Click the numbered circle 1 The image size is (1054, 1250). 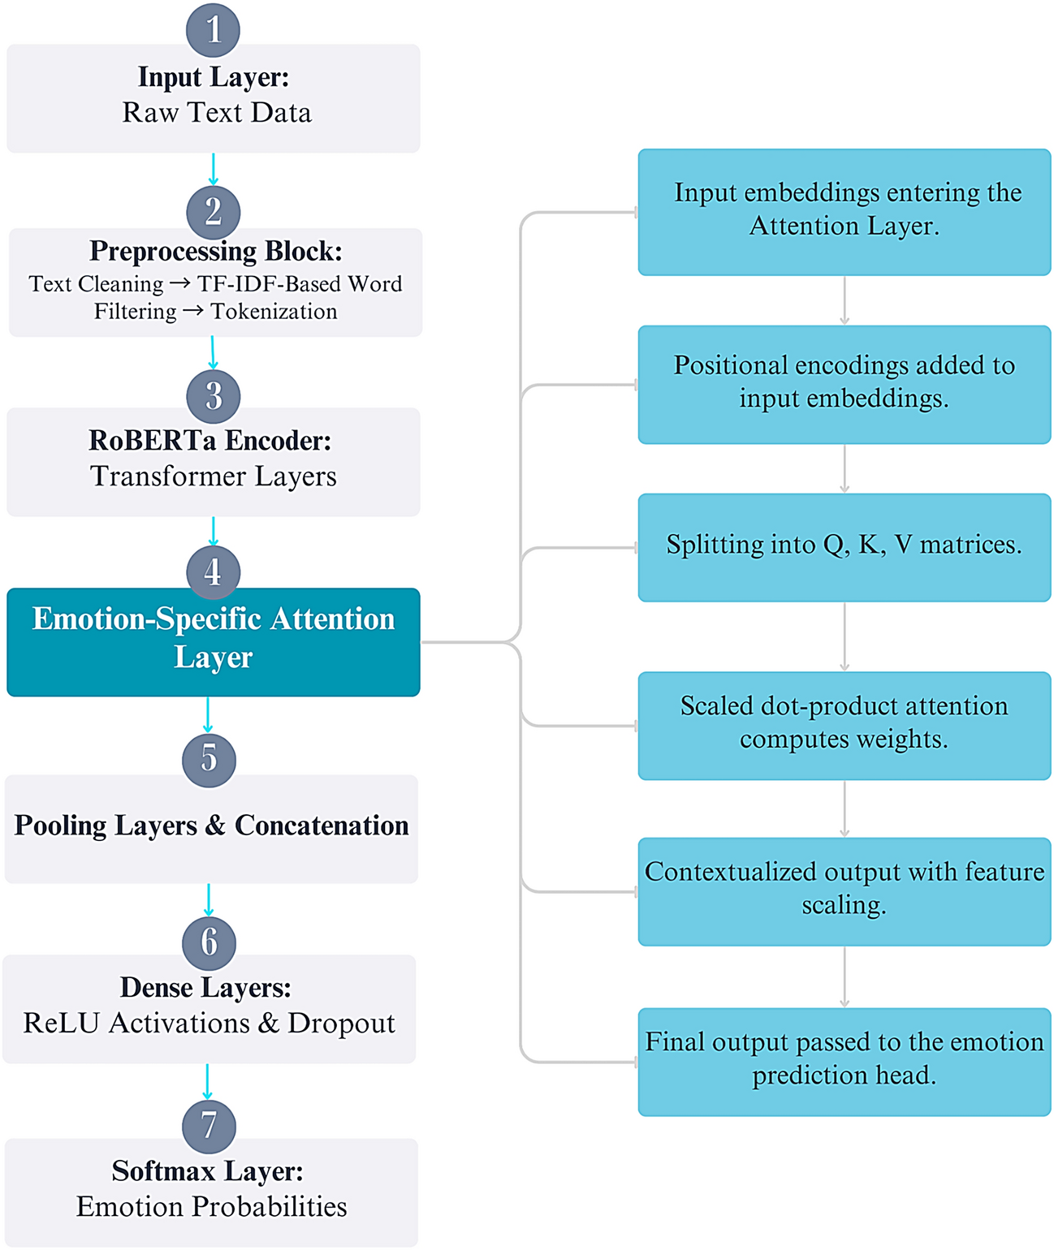click(213, 30)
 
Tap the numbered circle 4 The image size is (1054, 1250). click(213, 571)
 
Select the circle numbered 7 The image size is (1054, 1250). click(209, 1126)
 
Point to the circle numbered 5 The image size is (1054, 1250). click(209, 760)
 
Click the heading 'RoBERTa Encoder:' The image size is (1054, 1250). click(210, 441)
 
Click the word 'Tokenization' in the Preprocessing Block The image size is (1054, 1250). click(274, 312)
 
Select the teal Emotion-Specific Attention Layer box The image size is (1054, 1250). click(213, 641)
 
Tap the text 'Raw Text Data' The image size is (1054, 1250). click(217, 113)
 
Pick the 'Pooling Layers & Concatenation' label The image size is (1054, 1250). click(211, 825)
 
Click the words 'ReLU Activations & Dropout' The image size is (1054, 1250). click(209, 1024)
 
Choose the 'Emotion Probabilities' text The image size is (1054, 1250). click(211, 1207)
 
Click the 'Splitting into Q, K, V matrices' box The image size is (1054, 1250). click(844, 546)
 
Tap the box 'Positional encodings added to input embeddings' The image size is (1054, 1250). click(844, 384)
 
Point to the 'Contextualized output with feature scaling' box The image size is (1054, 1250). click(844, 890)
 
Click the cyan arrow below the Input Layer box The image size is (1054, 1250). click(213, 169)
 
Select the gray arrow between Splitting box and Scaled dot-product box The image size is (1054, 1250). click(844, 636)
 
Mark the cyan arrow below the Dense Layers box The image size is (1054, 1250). click(207, 1082)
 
